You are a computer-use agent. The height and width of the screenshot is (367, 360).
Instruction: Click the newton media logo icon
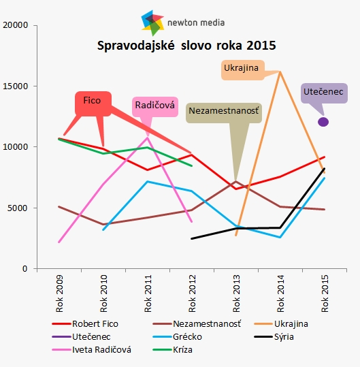[x=152, y=22]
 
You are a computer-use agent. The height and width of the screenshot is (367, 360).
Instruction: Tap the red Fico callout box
[x=92, y=101]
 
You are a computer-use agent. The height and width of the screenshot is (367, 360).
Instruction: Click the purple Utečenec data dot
[x=323, y=122]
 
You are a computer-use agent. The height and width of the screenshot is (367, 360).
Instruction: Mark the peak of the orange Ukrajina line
[x=280, y=72]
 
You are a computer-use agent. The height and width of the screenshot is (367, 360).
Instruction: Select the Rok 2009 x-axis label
[x=60, y=293]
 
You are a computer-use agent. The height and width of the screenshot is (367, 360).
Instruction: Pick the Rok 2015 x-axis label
[x=325, y=293]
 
